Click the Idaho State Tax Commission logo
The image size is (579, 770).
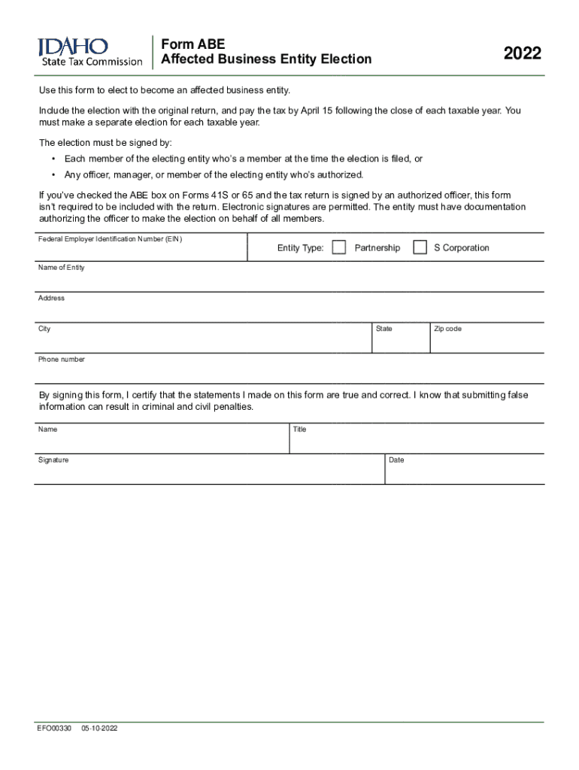click(89, 52)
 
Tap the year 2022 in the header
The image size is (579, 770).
click(523, 53)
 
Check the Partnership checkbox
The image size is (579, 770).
click(339, 247)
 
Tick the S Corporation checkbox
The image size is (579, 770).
click(420, 247)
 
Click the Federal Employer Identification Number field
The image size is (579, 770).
click(141, 250)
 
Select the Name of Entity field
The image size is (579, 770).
click(289, 280)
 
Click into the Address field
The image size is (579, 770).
click(289, 311)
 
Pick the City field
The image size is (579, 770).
click(203, 341)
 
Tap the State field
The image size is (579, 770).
click(401, 341)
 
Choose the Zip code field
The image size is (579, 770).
click(487, 341)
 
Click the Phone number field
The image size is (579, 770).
click(289, 372)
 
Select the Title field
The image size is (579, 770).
click(417, 442)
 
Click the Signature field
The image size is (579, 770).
click(209, 472)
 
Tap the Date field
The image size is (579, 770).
click(465, 472)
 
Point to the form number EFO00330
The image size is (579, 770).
click(54, 729)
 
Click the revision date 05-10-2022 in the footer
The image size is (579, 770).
click(100, 729)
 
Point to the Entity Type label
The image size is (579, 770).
click(300, 248)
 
